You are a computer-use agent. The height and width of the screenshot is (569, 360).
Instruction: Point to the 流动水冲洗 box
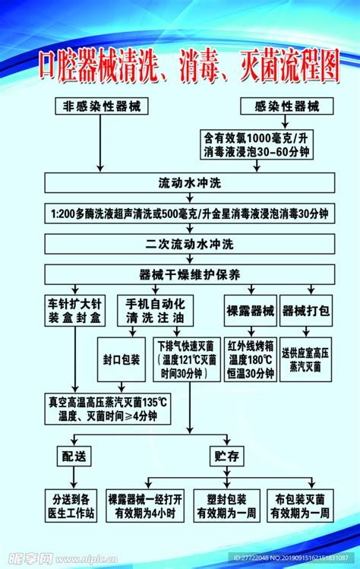(190, 184)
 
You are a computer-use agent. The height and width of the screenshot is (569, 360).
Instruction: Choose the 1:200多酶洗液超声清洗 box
(190, 214)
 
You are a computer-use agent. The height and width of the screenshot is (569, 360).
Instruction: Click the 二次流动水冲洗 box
(190, 244)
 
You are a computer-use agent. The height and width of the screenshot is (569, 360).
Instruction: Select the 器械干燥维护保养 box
(190, 273)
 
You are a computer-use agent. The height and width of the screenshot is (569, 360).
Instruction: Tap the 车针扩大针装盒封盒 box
(74, 311)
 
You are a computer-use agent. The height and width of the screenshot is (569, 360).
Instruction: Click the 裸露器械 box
(251, 311)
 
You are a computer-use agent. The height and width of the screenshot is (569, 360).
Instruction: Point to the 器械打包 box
(305, 311)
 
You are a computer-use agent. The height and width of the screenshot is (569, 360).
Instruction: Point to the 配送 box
(74, 456)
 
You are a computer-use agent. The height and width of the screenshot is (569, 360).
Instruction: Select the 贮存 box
(226, 456)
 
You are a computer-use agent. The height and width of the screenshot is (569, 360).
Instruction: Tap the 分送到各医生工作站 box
(74, 506)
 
